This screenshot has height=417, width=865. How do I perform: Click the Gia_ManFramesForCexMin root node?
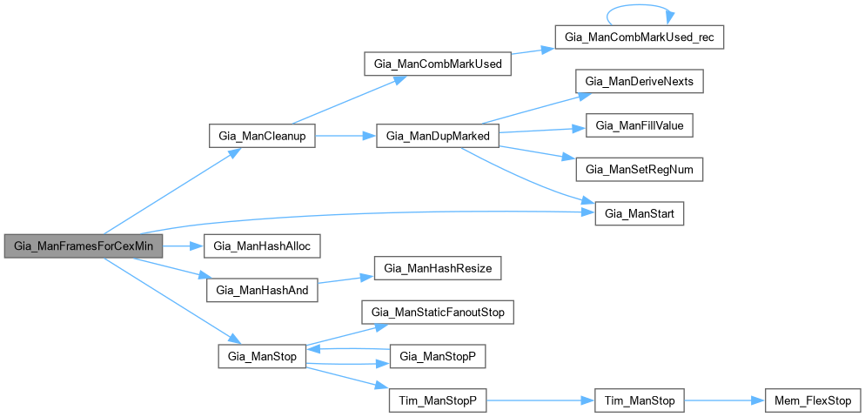(x=84, y=246)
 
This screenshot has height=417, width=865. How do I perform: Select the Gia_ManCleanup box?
(x=261, y=137)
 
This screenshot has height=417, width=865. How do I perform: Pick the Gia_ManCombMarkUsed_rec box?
(x=639, y=39)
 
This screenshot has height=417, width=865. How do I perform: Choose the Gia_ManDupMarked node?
(x=437, y=137)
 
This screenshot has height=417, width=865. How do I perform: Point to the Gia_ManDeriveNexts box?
(x=639, y=82)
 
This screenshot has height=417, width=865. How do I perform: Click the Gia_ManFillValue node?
(x=639, y=126)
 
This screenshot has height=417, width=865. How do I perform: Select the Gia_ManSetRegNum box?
(x=639, y=170)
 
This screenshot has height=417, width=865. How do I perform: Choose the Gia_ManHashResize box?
(x=437, y=268)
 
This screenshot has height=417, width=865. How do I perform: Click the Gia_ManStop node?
(x=261, y=357)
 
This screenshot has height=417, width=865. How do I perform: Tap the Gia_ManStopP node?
(x=437, y=357)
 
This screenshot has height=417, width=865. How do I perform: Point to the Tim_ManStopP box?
(x=437, y=400)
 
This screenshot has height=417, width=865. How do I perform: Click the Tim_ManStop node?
(x=639, y=400)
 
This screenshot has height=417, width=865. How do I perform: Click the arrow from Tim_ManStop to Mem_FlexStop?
(x=722, y=400)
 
